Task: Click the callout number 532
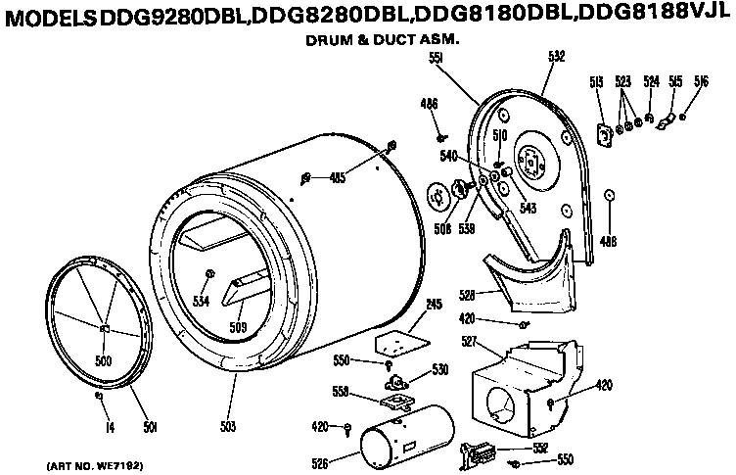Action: tap(556, 57)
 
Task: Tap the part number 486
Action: tap(429, 103)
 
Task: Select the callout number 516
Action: tap(702, 80)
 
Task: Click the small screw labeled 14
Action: tap(99, 397)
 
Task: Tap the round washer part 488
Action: tap(610, 195)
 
